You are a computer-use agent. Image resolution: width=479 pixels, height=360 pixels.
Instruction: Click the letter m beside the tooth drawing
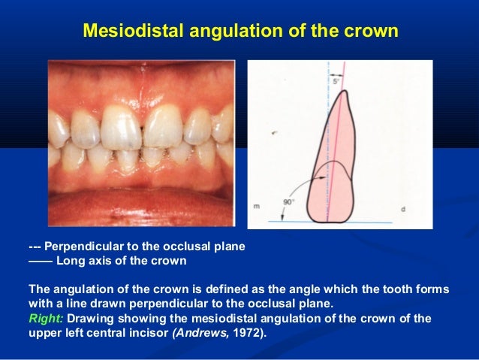point(256,207)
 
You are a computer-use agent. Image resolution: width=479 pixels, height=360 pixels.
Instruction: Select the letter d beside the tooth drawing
point(403,208)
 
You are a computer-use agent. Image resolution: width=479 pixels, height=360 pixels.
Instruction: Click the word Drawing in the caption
point(90,318)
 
